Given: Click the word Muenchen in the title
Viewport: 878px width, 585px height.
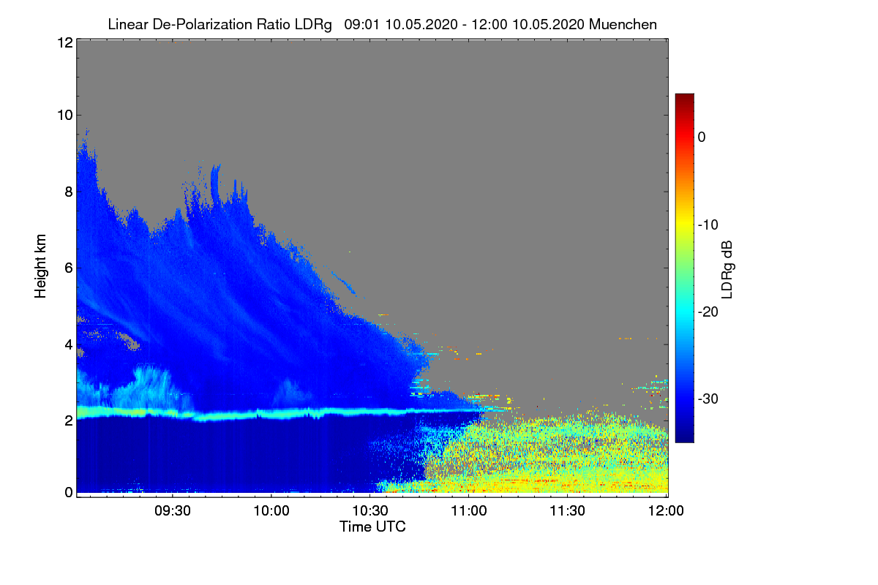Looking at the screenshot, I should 623,24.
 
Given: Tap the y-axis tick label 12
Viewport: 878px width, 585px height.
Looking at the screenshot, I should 64,42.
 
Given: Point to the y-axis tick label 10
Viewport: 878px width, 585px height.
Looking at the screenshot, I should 64,115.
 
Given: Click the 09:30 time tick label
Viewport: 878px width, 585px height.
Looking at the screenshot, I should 174,511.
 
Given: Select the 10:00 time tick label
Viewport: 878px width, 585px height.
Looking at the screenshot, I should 272,511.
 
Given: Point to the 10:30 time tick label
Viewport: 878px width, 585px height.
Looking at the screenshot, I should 371,511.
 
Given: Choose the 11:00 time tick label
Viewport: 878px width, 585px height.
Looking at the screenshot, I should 469,511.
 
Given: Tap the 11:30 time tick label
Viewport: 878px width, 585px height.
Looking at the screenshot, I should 568,511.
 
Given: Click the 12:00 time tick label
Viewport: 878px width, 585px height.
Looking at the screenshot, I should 666,511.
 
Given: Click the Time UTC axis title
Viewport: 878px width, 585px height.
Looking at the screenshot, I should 372,526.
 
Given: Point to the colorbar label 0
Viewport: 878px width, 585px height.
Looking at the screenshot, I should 702,137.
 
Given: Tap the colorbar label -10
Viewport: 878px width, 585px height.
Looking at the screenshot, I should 708,224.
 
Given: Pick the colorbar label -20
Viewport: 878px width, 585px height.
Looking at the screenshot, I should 708,312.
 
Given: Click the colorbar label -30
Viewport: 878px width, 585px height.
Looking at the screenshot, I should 708,399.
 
